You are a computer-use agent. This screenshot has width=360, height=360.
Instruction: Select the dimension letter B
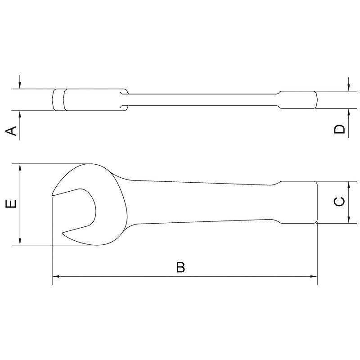pos(180,267)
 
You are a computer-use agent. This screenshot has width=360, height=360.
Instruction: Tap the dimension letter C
pos(341,202)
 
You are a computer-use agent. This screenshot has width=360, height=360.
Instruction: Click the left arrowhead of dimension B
pos(56,276)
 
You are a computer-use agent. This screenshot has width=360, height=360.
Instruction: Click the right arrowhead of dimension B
pos(314,276)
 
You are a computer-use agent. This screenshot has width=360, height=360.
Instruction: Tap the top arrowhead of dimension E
pos(20,167)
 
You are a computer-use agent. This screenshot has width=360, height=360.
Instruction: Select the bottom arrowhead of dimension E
pos(20,242)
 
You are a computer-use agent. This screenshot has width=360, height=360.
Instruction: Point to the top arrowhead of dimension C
pos(349,184)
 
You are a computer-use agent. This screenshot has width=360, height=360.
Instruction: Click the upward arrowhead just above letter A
pos(20,113)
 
